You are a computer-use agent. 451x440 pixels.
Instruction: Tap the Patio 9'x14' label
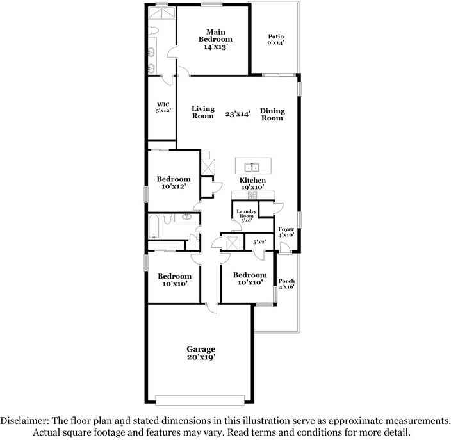coord(276,40)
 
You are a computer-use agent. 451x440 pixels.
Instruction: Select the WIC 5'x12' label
coord(163,107)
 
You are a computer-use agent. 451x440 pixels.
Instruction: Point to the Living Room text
coord(203,112)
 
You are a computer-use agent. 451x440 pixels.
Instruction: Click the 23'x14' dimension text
coord(238,114)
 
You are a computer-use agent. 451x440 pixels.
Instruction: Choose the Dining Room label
coord(272,115)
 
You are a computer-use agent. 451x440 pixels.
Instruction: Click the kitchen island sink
coord(252,167)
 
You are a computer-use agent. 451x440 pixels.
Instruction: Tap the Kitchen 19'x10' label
coord(252,183)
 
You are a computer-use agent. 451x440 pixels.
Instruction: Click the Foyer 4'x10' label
coord(286,232)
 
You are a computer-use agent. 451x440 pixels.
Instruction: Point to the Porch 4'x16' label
coord(286,284)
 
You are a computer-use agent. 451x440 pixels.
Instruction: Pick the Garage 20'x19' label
coord(201,353)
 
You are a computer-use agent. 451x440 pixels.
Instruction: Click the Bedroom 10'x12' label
coord(174,183)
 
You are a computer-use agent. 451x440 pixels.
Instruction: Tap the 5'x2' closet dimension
coord(259,242)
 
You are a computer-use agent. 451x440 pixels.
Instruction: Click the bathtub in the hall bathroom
coord(154,226)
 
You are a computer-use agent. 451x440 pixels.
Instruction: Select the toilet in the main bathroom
coord(153,29)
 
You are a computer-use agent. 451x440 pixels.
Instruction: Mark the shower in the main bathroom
coord(161,13)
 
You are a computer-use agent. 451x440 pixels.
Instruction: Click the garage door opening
coord(200,400)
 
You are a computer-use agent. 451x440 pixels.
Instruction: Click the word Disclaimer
coord(24,421)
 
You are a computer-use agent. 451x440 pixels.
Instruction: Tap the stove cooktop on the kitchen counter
coord(252,195)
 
